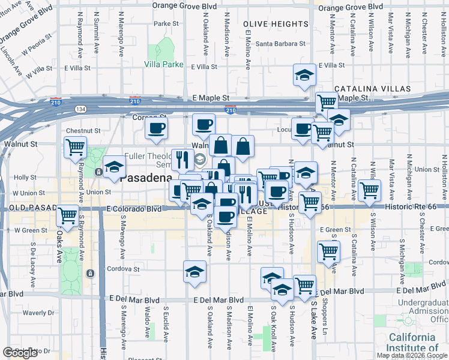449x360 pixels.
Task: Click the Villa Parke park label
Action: point(164,64)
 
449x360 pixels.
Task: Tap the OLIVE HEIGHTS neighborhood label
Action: point(276,24)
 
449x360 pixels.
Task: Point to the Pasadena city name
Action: point(146,178)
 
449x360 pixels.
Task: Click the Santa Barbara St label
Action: point(281,44)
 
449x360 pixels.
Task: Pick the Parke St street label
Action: point(166,24)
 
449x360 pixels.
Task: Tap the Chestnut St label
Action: point(83,130)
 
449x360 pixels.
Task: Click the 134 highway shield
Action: point(80,109)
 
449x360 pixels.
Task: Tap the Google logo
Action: point(20,353)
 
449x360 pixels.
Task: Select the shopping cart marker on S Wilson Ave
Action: point(369,190)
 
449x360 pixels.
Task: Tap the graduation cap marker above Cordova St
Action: point(195,272)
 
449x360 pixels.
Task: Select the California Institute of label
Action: point(412,342)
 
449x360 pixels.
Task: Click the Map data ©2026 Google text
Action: point(411,355)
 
